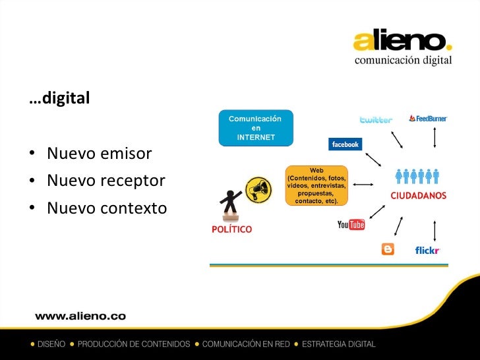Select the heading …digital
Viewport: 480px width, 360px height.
coord(59,100)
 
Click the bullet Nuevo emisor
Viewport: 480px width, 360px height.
coord(99,154)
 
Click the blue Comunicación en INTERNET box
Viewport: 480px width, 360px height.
coord(256,128)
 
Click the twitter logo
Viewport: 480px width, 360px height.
coord(376,120)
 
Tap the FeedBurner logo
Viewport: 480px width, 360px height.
coord(428,119)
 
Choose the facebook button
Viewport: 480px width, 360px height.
coord(345,144)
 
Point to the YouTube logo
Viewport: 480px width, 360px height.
coord(351,225)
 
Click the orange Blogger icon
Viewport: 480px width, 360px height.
coord(388,249)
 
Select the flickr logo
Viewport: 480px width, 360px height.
coord(427,250)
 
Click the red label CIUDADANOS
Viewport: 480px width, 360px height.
coord(418,196)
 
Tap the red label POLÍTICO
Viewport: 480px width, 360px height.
coord(231,229)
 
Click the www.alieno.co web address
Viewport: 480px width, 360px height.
coord(80,316)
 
